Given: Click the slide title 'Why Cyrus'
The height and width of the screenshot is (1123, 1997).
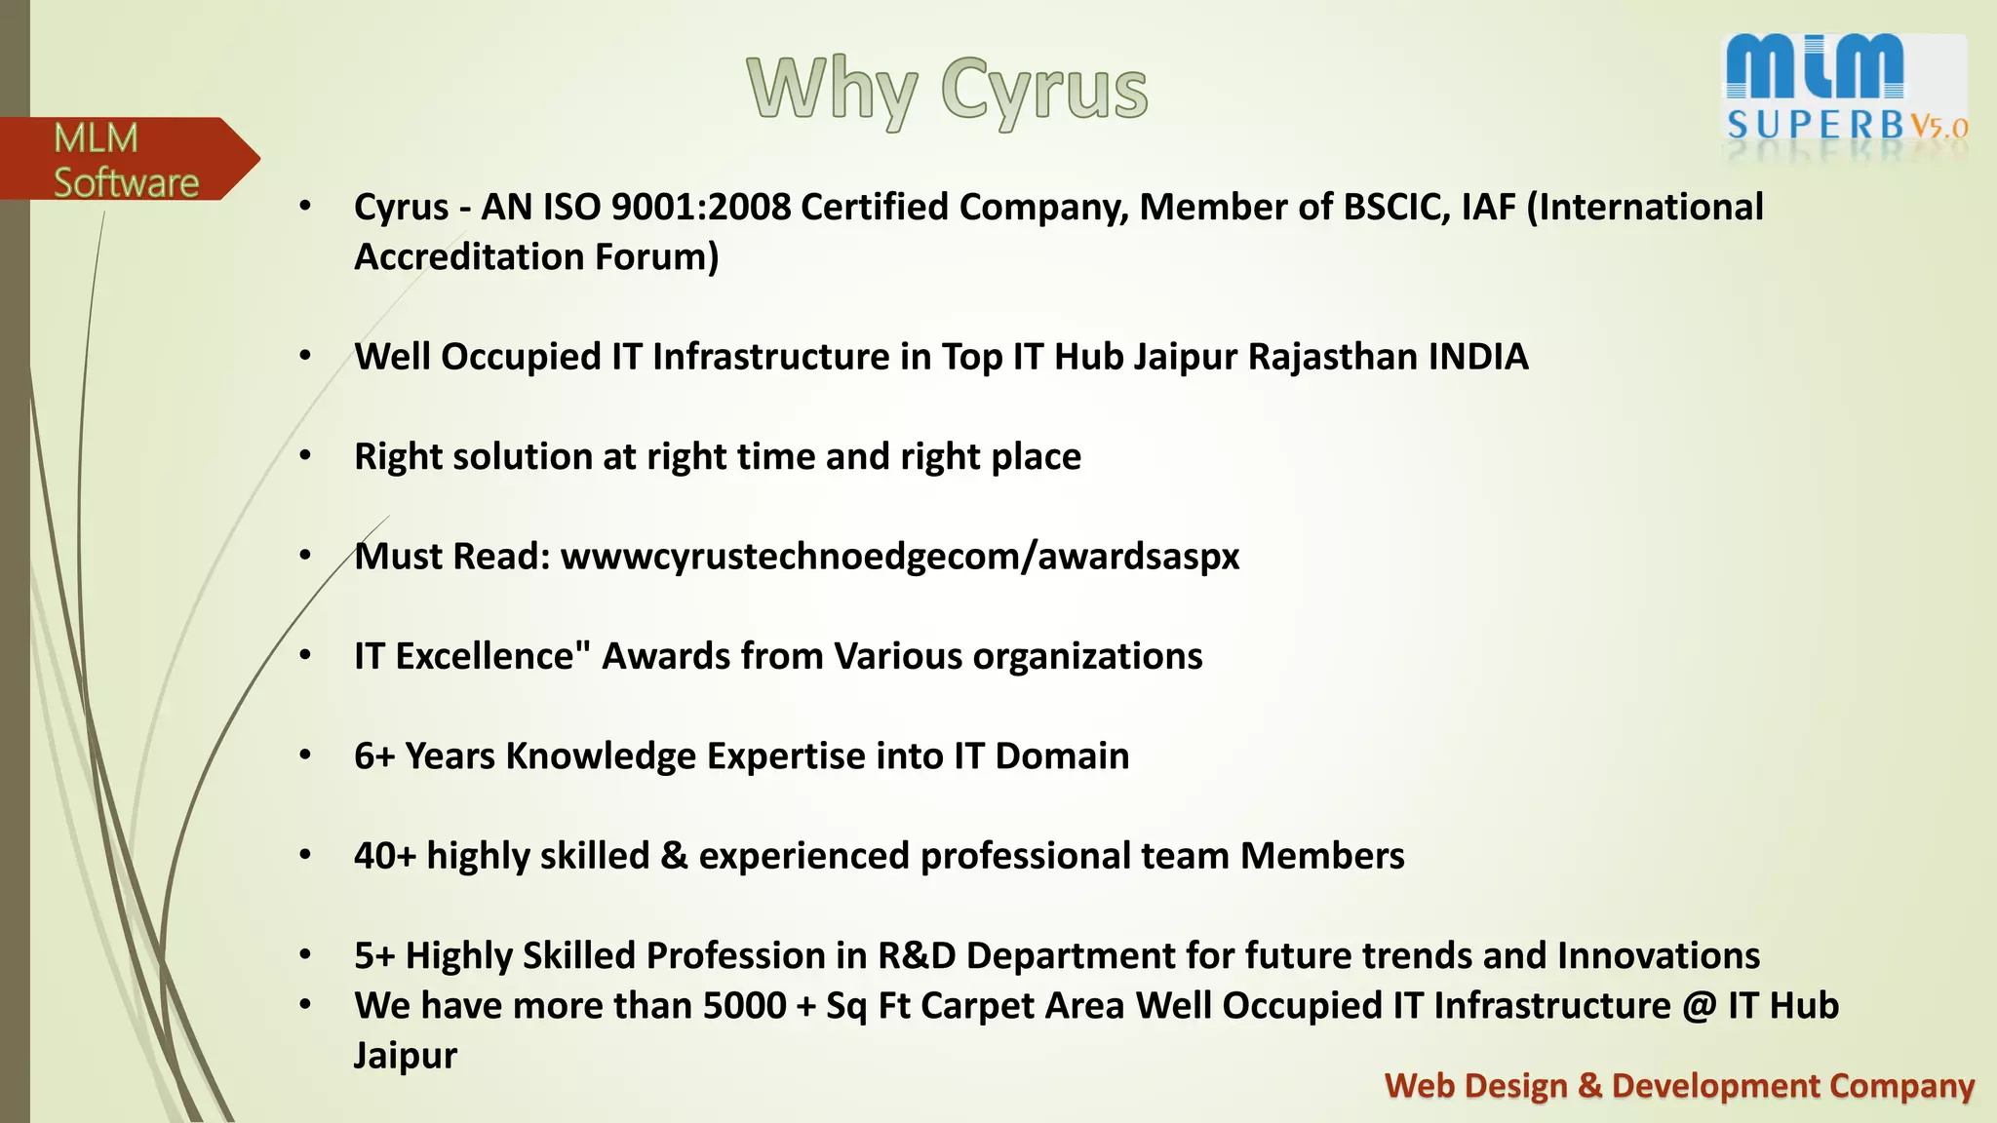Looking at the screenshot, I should click(947, 91).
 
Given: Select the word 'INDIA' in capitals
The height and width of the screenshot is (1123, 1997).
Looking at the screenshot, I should click(1478, 357).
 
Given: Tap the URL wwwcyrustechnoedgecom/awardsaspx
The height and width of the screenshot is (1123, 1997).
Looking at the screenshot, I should click(899, 557).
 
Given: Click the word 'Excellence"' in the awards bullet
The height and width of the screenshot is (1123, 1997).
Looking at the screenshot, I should click(493, 656).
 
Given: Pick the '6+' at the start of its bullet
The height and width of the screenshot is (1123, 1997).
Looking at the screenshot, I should click(373, 756).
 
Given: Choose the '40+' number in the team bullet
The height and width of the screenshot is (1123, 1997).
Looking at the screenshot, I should click(384, 856).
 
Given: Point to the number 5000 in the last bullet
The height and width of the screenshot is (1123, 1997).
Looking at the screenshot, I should click(744, 1006).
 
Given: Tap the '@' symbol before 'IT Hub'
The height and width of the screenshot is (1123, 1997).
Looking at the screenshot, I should click(1699, 1006).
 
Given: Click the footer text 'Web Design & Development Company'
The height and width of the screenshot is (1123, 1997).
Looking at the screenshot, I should click(1678, 1086).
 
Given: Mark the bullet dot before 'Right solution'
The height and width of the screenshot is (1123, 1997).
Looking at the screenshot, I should click(305, 456).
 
